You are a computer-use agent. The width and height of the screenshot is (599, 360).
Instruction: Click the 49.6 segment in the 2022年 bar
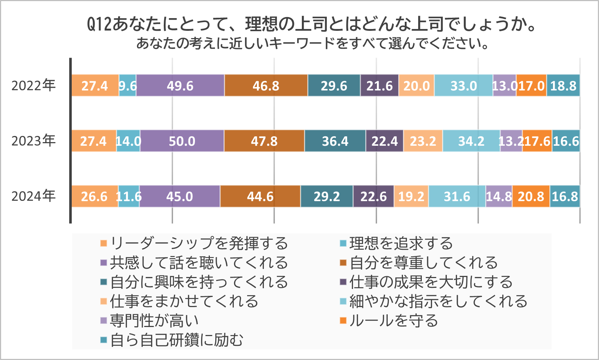click(180, 86)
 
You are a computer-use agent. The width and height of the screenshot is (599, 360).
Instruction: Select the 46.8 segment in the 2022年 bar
click(266, 86)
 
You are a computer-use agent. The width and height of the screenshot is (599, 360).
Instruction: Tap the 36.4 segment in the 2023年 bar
click(335, 141)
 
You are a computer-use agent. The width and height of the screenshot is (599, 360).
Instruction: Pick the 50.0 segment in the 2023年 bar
click(182, 141)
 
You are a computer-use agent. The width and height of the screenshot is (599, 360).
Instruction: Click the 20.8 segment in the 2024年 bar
click(531, 196)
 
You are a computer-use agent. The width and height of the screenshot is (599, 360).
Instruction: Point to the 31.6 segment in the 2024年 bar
click(457, 196)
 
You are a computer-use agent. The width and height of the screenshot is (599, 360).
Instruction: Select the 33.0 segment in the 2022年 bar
click(463, 86)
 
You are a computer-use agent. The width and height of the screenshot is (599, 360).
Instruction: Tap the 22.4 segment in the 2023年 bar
click(384, 141)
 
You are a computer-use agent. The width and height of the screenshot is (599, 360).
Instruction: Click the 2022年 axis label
click(33, 86)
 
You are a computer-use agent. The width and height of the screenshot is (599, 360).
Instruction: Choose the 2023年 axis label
click(33, 141)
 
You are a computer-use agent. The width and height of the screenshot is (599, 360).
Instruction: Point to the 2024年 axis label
click(33, 196)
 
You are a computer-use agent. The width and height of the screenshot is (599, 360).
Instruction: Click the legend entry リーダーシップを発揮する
click(199, 243)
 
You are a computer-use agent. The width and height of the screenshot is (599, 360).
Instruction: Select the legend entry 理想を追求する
click(401, 243)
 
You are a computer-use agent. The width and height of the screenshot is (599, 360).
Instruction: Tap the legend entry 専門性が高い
click(154, 320)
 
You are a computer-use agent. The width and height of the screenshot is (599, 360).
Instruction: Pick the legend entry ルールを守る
click(394, 320)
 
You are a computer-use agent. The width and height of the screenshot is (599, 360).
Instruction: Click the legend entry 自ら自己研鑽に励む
click(177, 340)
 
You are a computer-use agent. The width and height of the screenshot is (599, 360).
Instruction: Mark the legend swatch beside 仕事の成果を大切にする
click(343, 282)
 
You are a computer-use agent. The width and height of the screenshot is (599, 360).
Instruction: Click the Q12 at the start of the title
click(99, 24)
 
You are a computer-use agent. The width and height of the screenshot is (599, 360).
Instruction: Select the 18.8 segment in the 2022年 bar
click(563, 86)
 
